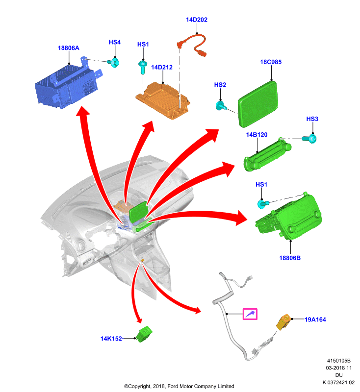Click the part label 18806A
coord(69,48)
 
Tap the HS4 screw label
coord(115,42)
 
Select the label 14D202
coord(197,20)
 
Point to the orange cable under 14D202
coord(192,45)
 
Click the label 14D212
coord(162,67)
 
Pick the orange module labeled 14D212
coord(163,100)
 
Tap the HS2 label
coord(220,85)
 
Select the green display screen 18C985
coord(258,104)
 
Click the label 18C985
coord(271,62)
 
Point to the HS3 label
coord(312,119)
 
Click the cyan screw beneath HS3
coord(310,139)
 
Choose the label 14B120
coord(257,135)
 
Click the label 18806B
coord(290,258)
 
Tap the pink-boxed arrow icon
coord(250,314)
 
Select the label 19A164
coord(315,319)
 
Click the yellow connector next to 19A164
coord(283,322)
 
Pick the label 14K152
coord(111,339)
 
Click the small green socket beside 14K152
coord(145,334)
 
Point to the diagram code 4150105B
coord(339,361)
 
